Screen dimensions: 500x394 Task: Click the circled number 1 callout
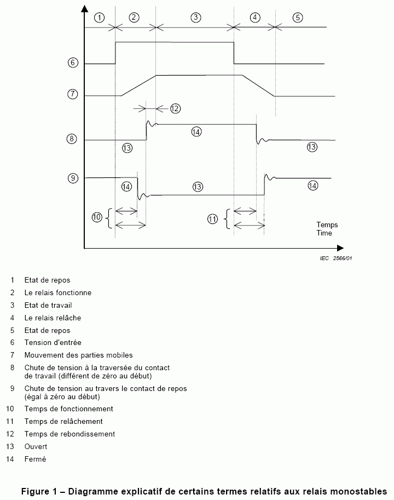click(99, 17)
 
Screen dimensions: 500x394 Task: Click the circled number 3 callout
click(195, 17)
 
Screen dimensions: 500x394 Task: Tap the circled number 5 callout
click(297, 17)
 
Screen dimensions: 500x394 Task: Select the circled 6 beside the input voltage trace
click(72, 63)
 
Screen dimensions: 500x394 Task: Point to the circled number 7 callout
click(72, 94)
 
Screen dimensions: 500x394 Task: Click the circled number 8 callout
click(72, 139)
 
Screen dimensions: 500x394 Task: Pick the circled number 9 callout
click(72, 178)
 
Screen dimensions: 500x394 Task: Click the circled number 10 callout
click(97, 217)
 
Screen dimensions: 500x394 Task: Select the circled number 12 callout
click(175, 108)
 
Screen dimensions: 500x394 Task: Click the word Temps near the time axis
click(327, 225)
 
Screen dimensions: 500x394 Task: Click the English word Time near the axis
click(325, 233)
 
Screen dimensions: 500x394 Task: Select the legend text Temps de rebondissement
click(69, 434)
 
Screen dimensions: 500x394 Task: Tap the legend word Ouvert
click(36, 446)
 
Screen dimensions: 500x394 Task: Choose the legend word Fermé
click(35, 459)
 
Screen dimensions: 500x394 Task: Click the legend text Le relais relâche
click(53, 318)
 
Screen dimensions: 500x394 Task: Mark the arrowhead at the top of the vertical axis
click(84, 8)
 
